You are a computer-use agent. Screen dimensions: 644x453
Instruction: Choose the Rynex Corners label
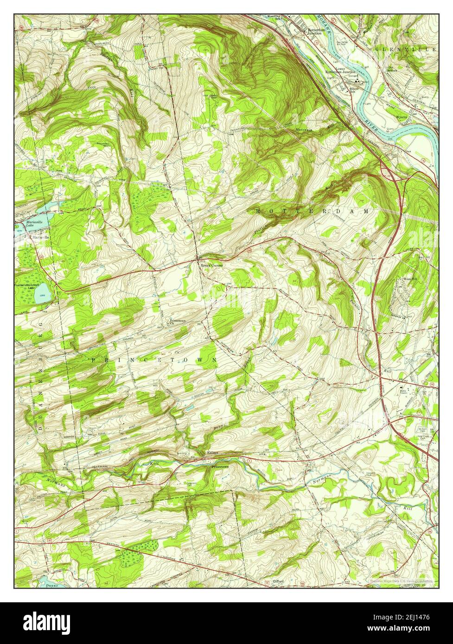coord(211,265)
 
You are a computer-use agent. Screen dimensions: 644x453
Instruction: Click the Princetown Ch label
coord(178,321)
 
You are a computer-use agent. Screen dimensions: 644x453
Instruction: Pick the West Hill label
coord(410,279)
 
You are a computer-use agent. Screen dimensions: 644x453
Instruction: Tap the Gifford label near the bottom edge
coord(278,581)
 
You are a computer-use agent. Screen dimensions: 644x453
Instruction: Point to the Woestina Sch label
coord(275,18)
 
